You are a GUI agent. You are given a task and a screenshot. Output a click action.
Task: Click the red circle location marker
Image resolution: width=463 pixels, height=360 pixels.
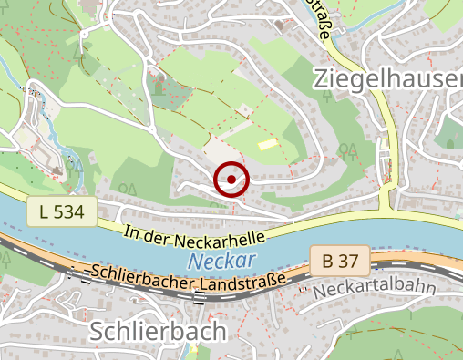point(231,179)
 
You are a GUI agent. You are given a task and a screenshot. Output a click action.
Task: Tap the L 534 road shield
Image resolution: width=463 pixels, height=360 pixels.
point(62,212)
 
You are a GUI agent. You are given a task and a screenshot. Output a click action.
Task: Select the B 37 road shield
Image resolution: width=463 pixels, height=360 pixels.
point(339,262)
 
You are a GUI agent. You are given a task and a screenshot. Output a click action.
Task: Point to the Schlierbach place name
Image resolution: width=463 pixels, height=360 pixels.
point(158,332)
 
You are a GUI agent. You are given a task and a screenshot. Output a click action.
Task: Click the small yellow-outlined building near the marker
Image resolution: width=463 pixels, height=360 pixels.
point(265,143)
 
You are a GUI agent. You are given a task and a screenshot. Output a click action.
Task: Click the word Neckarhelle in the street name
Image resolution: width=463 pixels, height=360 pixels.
point(223,236)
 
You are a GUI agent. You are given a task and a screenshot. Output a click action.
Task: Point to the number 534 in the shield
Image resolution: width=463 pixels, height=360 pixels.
point(69,212)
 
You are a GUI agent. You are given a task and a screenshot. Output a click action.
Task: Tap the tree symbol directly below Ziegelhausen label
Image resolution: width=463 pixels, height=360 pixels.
point(346,149)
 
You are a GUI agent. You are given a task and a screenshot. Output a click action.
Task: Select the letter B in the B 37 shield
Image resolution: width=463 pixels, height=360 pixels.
point(328,262)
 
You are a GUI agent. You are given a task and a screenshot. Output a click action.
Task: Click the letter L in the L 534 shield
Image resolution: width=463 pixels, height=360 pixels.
point(44,212)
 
